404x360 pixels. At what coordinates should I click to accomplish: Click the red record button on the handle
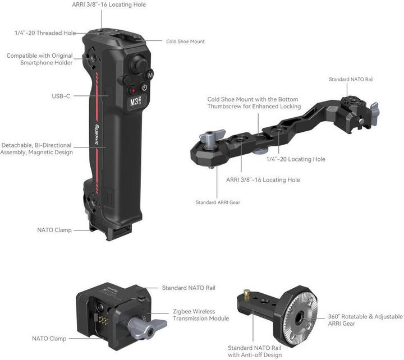click(x=134, y=90)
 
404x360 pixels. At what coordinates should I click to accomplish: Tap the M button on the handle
click(x=150, y=74)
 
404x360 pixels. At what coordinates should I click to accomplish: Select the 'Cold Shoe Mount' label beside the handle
click(x=185, y=41)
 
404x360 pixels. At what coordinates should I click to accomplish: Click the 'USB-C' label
click(x=61, y=96)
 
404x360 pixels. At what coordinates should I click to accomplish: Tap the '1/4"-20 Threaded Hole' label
click(x=45, y=33)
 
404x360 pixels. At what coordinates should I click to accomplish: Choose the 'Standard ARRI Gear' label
click(x=218, y=202)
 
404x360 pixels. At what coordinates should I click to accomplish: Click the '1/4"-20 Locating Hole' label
click(x=296, y=159)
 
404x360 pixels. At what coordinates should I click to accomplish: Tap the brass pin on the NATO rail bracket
click(x=246, y=293)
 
